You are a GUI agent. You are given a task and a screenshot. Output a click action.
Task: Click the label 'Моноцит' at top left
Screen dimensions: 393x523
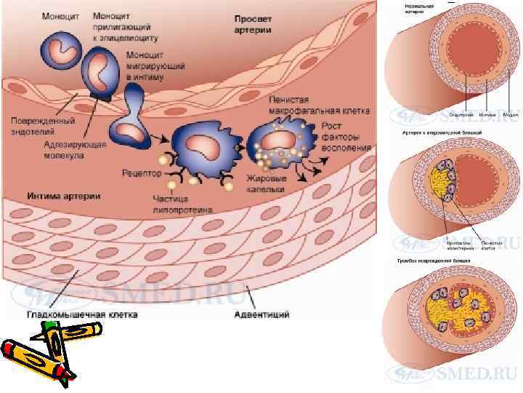61,15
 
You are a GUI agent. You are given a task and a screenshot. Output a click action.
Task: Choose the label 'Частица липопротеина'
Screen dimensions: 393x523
183,204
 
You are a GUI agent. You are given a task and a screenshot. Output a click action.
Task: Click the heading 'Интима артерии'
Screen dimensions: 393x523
63,196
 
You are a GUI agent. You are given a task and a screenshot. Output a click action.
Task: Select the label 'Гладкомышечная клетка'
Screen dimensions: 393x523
82,314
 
